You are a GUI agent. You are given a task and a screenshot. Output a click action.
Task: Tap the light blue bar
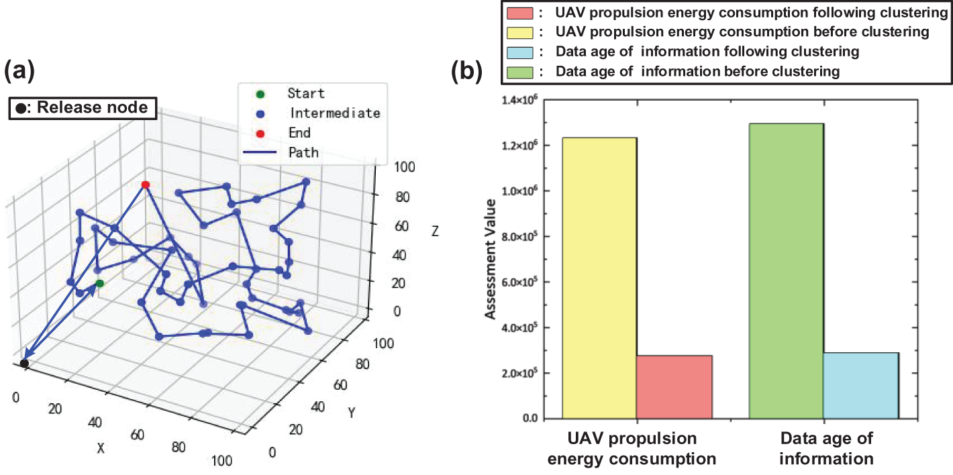[861, 386]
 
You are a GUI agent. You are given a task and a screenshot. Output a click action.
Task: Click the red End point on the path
[146, 184]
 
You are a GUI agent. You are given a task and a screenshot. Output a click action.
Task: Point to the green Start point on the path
[99, 283]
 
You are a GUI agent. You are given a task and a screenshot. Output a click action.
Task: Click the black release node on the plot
[24, 364]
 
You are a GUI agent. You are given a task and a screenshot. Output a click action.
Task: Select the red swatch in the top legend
[520, 13]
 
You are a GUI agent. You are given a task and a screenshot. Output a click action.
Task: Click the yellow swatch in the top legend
[520, 32]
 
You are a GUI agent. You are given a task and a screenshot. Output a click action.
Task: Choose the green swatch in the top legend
[520, 70]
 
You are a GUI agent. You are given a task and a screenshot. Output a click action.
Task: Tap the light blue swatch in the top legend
[520, 51]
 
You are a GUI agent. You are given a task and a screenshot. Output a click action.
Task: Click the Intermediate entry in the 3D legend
[334, 113]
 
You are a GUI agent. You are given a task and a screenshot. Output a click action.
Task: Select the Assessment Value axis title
[491, 259]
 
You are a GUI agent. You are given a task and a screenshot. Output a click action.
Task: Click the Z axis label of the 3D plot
[435, 232]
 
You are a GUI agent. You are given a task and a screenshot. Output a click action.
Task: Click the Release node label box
[83, 108]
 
